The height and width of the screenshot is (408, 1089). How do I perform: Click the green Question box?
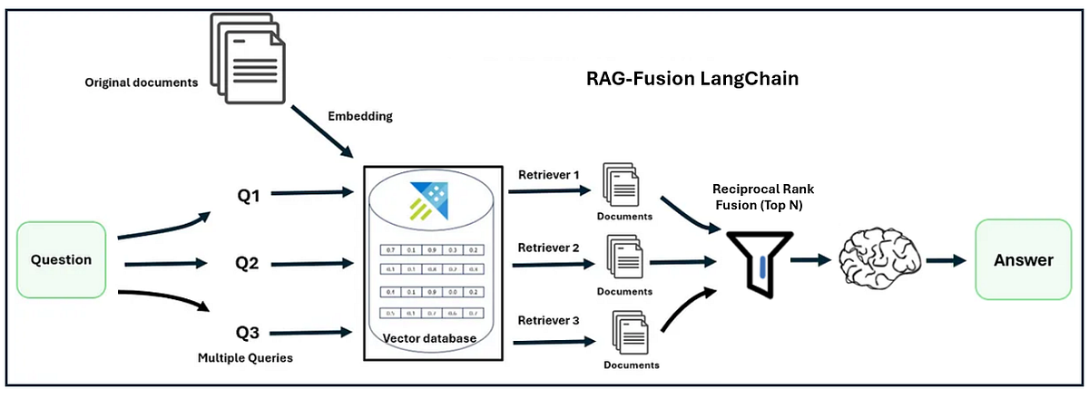click(62, 259)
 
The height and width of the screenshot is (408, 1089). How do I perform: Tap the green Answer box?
click(1023, 259)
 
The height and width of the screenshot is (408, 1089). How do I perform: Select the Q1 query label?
click(249, 193)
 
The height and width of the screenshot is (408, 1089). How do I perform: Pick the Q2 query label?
click(248, 264)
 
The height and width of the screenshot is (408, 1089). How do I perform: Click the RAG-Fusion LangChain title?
click(692, 79)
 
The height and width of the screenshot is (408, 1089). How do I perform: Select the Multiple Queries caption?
click(245, 358)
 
